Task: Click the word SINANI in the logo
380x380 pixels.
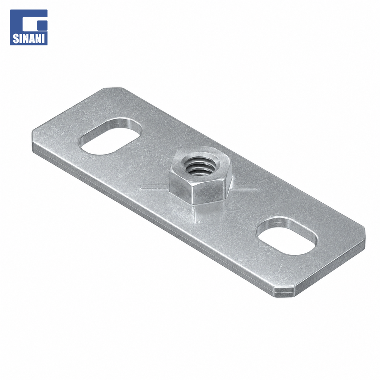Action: click(x=28, y=38)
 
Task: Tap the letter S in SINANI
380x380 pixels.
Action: click(x=15, y=38)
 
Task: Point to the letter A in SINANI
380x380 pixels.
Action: click(x=31, y=38)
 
